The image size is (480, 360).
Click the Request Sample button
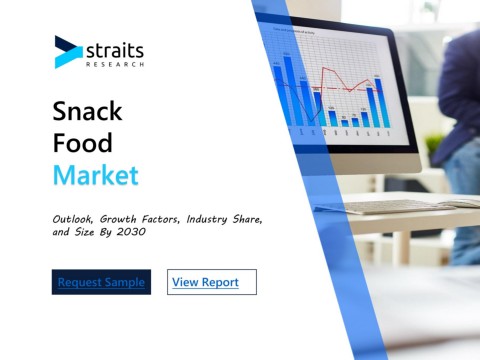(101, 282)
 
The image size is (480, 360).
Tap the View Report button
(212, 282)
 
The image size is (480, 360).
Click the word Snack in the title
(87, 111)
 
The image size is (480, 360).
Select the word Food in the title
(82, 143)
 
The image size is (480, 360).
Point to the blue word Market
(96, 175)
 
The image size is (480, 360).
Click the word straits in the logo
(115, 51)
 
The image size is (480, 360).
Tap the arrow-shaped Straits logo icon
(68, 52)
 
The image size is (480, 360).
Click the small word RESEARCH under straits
(115, 64)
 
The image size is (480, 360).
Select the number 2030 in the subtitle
(131, 232)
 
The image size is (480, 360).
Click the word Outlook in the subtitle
(73, 219)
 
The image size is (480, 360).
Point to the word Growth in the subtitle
(118, 219)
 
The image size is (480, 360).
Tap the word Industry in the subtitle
(207, 219)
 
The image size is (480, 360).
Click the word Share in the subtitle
(247, 219)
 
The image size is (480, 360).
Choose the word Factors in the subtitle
(161, 219)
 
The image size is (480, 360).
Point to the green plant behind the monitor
(433, 143)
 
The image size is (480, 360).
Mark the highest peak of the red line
(323, 68)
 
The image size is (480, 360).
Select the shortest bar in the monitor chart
(345, 123)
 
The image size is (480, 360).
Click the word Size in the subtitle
(84, 232)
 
